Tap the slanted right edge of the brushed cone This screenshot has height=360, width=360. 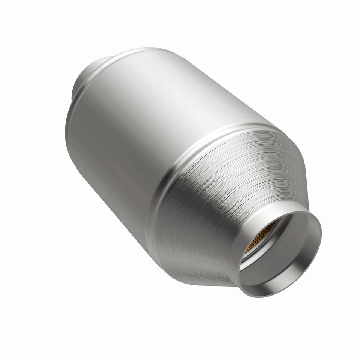[x=296, y=176]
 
